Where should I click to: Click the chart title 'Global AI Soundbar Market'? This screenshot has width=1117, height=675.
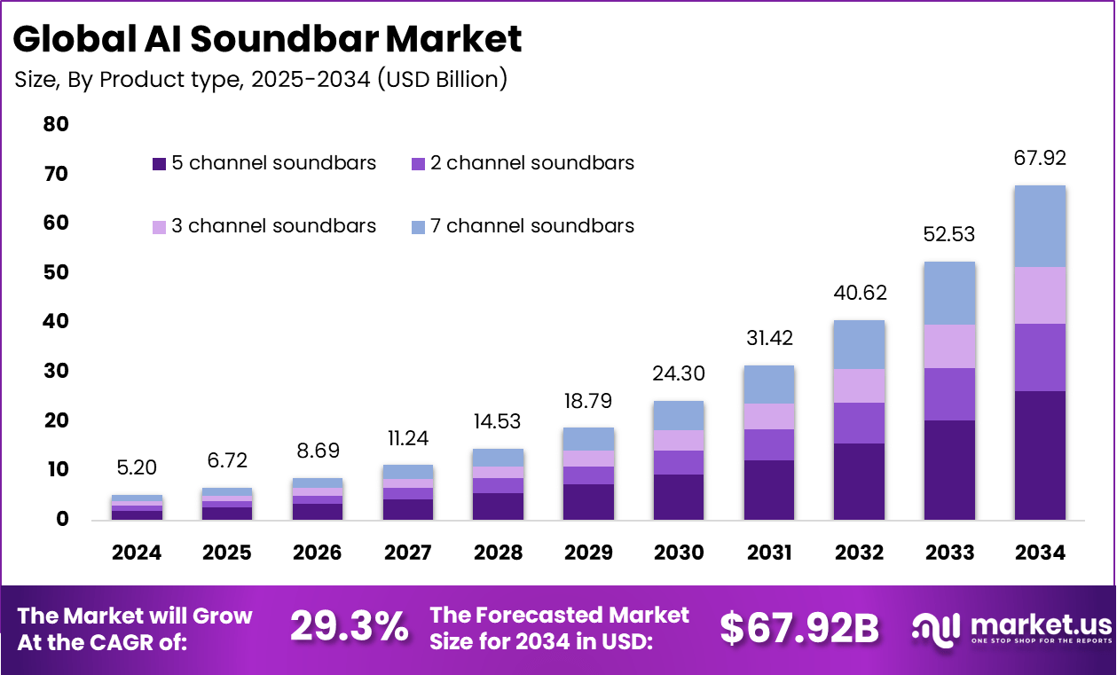pos(268,39)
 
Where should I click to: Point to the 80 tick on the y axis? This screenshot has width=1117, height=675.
pos(56,124)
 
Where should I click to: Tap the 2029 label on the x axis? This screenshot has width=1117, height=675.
pos(589,553)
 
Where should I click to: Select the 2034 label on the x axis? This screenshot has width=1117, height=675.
pos(1040,553)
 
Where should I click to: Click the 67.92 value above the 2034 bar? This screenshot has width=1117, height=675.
pos(1040,159)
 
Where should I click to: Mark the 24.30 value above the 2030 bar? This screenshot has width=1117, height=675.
pos(679,375)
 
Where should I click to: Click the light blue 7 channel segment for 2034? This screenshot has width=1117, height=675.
pos(1040,226)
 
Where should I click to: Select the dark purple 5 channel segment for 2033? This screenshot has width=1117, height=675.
pos(949,469)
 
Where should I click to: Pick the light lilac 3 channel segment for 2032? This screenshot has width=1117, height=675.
pos(859,386)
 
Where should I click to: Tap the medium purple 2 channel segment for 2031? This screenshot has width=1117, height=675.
pos(769,444)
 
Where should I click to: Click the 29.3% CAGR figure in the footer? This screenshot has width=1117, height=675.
pos(349,628)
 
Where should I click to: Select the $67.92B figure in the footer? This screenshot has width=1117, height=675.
pos(798,628)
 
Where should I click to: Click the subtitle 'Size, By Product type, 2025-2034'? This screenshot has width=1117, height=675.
pos(261,79)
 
